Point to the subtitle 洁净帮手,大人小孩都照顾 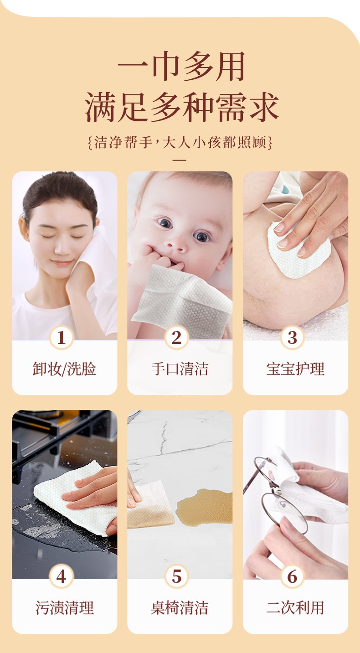click(180, 143)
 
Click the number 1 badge click(61, 337)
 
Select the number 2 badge click(177, 337)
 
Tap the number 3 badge click(293, 337)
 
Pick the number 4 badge click(61, 576)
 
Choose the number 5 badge click(177, 576)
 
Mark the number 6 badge click(293, 576)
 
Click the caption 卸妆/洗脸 click(64, 369)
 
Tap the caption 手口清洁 click(180, 369)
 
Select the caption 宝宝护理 click(295, 369)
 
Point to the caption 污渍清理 click(64, 608)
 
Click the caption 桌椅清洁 click(180, 608)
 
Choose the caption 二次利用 click(295, 608)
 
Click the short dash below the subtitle click(180, 160)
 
